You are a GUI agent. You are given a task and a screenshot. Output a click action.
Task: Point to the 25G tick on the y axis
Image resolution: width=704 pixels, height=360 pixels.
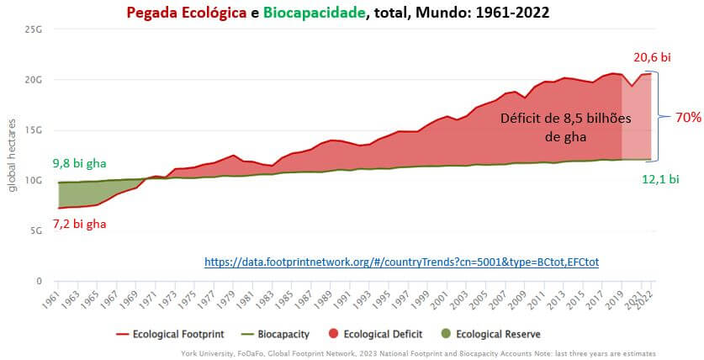[33, 29]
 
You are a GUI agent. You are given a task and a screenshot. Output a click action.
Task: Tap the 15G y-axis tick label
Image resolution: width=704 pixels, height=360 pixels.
[33, 130]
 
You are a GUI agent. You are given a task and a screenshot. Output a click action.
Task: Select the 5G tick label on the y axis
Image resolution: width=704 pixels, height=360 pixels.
[35, 231]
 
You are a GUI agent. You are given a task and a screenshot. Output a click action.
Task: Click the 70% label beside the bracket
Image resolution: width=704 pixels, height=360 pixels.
[688, 118]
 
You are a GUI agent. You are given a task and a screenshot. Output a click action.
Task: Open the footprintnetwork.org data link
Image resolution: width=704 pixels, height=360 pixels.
[401, 262]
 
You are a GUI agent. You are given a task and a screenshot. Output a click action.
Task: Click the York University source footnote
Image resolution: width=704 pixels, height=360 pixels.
[418, 353]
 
